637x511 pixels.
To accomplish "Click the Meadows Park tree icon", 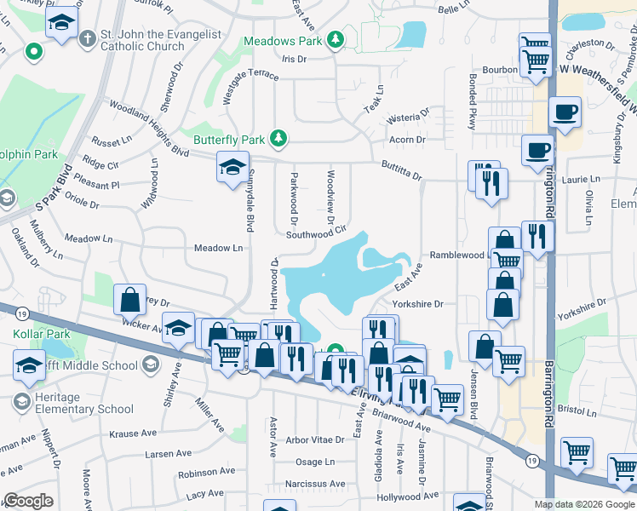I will (x=336, y=40).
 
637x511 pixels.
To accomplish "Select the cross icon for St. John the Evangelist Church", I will (x=88, y=39).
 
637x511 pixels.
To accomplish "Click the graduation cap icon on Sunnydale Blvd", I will (x=232, y=168).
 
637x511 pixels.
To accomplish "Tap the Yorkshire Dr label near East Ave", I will (x=417, y=304).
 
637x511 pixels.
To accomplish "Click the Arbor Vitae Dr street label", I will (x=314, y=440).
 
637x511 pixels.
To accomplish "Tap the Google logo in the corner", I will (x=28, y=501).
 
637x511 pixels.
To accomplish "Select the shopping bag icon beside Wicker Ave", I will (x=129, y=299).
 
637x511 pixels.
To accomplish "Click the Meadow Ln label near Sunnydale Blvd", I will (x=219, y=248).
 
